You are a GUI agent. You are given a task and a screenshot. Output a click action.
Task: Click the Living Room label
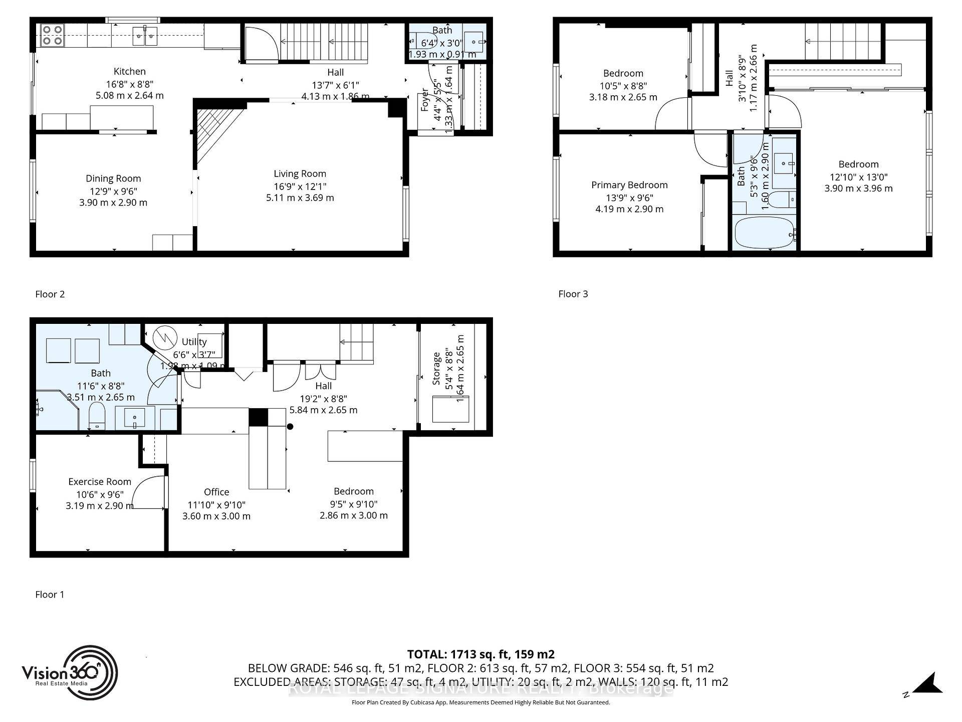tap(300, 174)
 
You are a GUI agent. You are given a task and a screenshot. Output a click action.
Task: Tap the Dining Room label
tap(113, 178)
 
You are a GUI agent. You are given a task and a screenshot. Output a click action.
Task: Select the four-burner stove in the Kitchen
tap(52, 35)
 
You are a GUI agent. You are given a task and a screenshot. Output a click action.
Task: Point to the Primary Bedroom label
tap(629, 185)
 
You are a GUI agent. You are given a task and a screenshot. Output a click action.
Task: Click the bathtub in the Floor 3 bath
tap(764, 233)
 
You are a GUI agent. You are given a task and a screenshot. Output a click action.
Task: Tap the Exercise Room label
tap(100, 482)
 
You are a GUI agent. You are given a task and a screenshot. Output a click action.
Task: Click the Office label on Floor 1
tap(216, 492)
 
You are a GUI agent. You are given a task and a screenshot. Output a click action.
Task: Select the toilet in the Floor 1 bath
tap(97, 417)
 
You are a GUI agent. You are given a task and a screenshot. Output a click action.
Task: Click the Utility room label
tap(194, 342)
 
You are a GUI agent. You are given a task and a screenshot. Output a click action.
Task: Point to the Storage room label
tap(436, 369)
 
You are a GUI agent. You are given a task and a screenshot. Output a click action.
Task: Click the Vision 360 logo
tap(69, 672)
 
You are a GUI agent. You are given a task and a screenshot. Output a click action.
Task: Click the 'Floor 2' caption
tap(50, 294)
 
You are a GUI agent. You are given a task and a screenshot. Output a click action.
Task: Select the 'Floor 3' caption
tap(573, 294)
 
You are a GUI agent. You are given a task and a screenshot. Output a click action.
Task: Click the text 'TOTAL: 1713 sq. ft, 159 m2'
tap(480, 654)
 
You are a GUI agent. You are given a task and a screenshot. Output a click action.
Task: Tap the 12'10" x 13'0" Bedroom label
tap(858, 164)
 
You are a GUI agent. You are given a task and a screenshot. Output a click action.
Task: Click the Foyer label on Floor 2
tap(424, 99)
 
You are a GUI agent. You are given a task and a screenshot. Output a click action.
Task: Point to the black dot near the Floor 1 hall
tap(290, 427)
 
